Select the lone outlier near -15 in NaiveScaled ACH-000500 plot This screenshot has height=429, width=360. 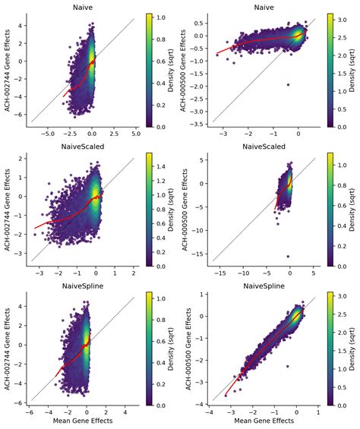pos(288,256)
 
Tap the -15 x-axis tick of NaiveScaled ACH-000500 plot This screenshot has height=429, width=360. pos(219,272)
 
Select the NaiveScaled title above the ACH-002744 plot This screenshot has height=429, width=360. pos(82,146)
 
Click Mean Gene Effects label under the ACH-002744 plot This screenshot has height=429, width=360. pos(82,422)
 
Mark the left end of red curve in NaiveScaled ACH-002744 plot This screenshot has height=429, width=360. pos(35,228)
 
